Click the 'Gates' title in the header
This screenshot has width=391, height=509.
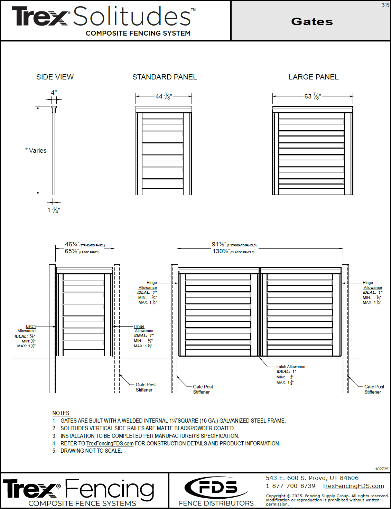312,21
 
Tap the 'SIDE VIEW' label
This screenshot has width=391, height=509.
55,77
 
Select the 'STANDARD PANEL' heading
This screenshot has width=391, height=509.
165,77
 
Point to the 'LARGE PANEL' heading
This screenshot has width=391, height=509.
314,77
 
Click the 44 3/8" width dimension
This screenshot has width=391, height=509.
163,96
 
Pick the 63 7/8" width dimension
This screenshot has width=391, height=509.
313,96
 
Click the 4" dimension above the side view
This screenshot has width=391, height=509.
54,93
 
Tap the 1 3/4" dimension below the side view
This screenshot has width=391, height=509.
54,210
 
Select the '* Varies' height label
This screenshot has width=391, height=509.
36,151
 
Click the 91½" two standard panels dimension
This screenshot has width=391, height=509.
219,244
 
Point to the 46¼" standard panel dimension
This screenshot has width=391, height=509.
72,244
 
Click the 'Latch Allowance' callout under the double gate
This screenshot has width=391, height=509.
291,367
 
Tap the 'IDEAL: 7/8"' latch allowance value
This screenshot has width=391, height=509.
25,336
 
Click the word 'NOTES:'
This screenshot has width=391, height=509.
61,413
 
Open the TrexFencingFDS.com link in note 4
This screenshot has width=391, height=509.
110,444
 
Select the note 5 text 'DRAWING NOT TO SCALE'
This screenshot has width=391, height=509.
91,451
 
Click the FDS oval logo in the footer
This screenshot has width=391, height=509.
216,488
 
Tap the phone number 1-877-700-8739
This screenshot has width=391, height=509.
290,486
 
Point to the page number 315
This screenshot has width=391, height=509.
385,5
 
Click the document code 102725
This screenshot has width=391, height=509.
382,469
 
